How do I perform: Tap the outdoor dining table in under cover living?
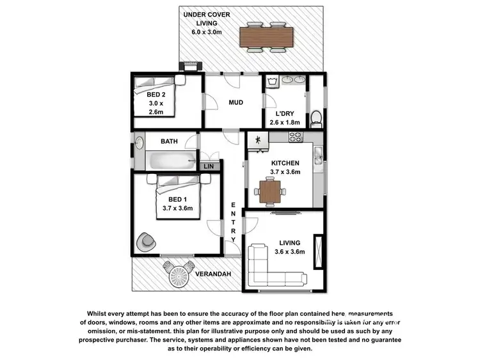(x=265, y=36)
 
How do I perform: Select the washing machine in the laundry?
(x=273, y=81)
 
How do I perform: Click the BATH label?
(x=169, y=141)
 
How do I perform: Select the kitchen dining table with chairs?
(x=270, y=190)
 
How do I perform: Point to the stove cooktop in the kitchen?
(x=295, y=136)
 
